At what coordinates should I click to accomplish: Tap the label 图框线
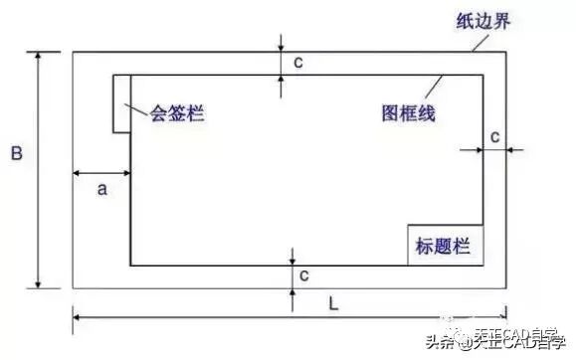click(408, 112)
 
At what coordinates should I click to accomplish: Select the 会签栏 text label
click(176, 112)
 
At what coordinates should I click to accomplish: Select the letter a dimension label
click(101, 188)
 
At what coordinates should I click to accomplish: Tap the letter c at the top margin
click(298, 63)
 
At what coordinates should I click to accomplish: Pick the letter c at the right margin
click(494, 133)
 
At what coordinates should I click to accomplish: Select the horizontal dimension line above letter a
click(101, 174)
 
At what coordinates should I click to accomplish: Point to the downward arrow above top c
click(283, 46)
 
